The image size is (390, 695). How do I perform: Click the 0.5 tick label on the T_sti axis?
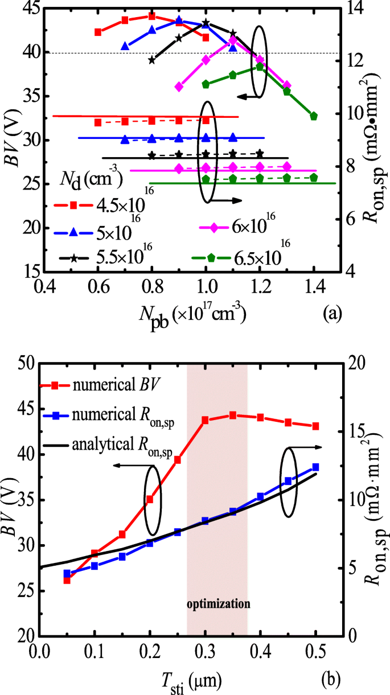pyautogui.click(x=315, y=649)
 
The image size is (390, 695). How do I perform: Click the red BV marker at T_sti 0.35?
pyautogui.click(x=233, y=415)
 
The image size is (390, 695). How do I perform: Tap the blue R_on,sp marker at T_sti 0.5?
pyautogui.click(x=315, y=467)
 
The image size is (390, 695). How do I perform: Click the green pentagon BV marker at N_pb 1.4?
pyautogui.click(x=314, y=116)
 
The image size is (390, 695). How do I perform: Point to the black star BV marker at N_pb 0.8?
pyautogui.click(x=151, y=60)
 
